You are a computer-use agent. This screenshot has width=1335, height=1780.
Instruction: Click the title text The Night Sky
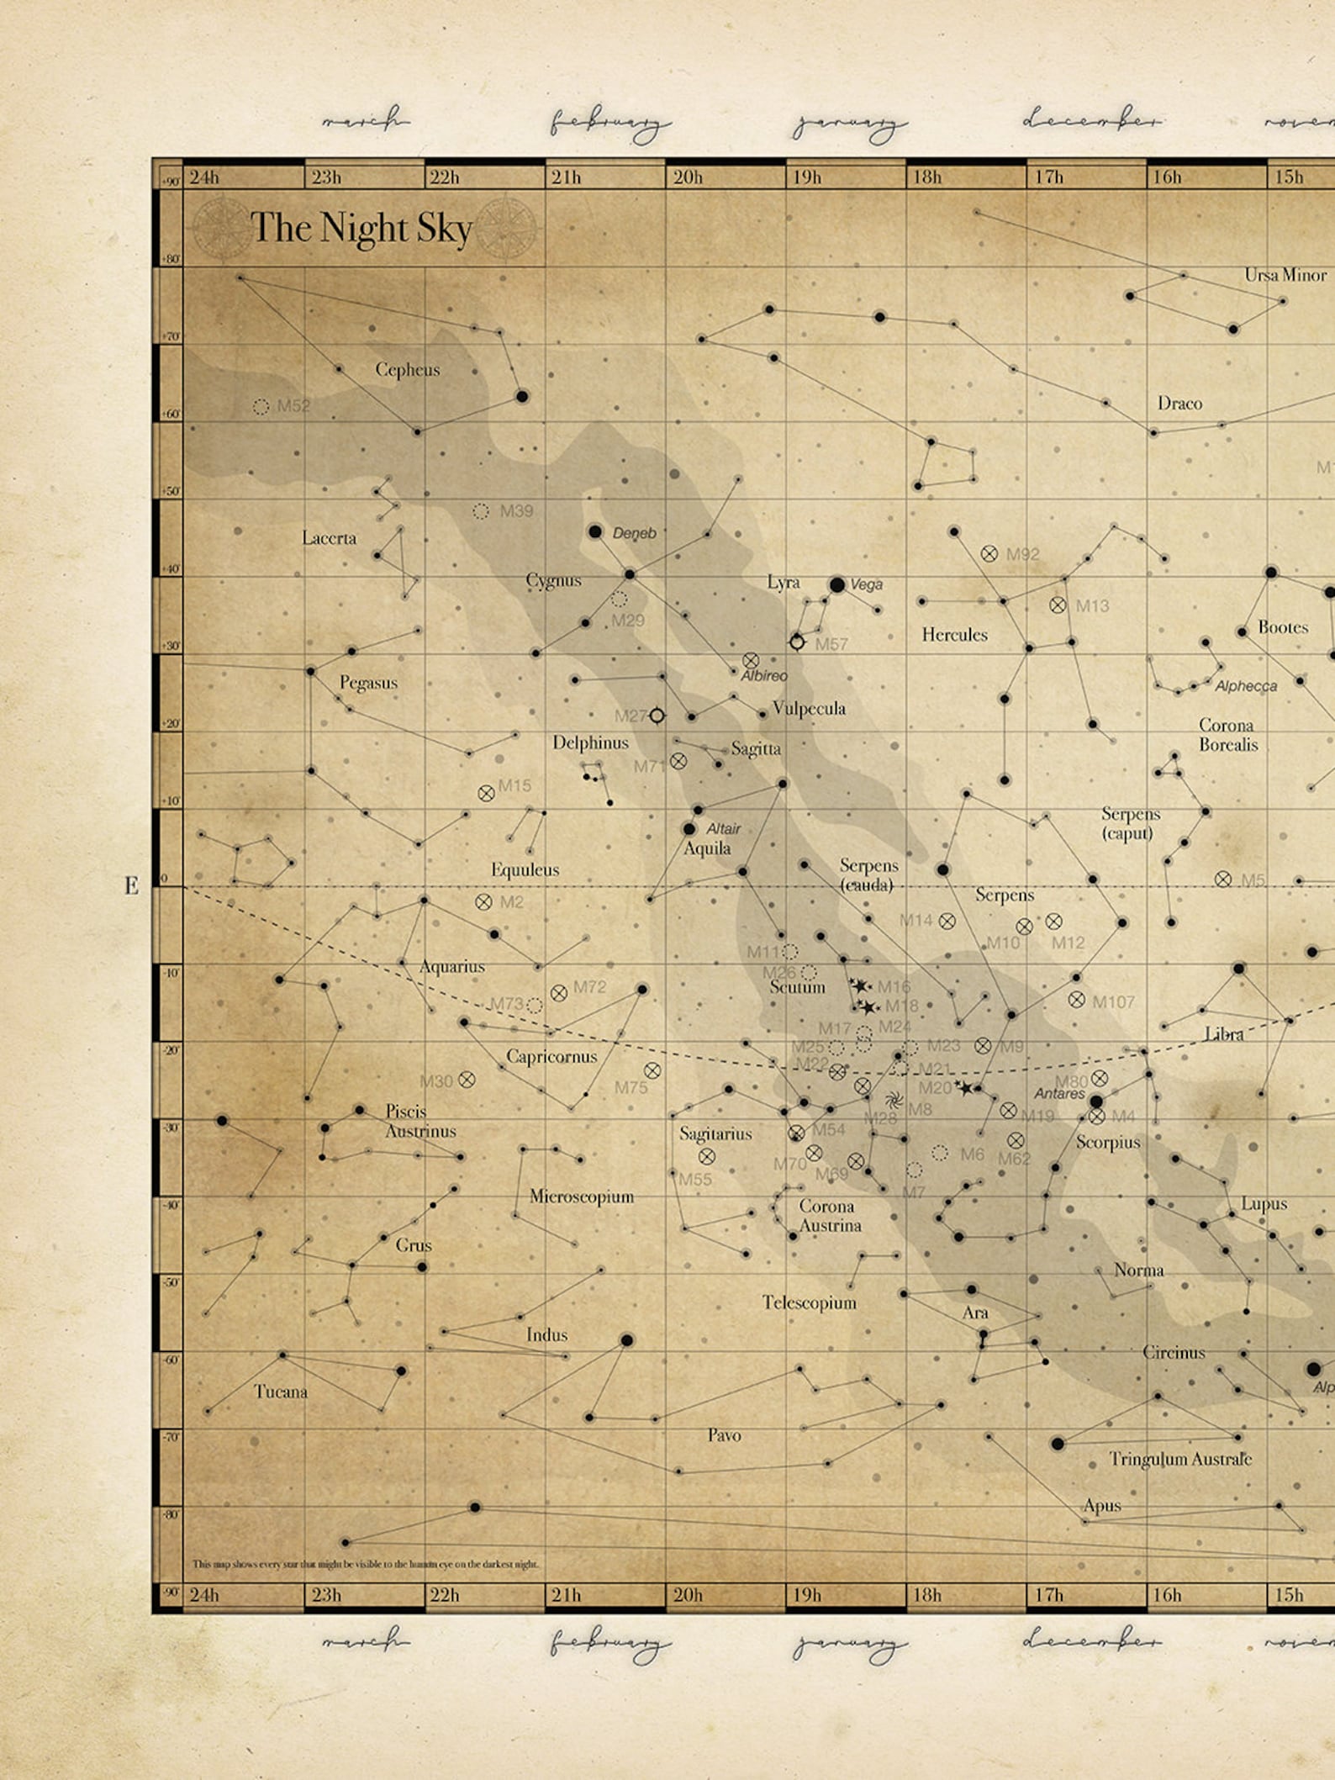tap(361, 227)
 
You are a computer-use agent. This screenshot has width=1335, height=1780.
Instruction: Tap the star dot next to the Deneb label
tap(595, 531)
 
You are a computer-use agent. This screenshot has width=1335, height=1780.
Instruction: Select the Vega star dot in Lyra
tap(837, 584)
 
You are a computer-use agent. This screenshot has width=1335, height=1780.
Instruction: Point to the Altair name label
tap(723, 828)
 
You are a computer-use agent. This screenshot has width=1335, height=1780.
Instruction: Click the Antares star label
tap(1059, 1094)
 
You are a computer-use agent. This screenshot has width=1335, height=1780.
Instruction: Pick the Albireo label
tap(764, 675)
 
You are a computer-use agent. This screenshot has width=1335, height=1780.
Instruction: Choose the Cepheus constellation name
tap(408, 369)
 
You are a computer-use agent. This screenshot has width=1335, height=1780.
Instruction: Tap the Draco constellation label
tap(1179, 404)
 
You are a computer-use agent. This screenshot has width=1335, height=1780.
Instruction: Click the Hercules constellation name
tap(954, 635)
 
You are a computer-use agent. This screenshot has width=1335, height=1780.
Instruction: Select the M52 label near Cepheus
tap(293, 406)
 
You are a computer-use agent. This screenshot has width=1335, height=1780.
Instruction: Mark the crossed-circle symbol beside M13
tap(1058, 605)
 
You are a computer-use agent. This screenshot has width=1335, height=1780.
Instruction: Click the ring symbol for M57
tap(797, 642)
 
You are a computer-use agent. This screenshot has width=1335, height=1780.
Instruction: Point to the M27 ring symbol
tap(657, 716)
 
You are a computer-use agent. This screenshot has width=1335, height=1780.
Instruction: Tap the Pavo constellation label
tap(724, 1435)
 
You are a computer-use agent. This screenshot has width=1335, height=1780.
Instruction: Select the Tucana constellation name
tap(281, 1392)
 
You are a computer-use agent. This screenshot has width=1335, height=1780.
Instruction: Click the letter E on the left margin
tap(131, 885)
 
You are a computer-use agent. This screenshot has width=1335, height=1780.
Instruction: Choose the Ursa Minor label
tap(1285, 275)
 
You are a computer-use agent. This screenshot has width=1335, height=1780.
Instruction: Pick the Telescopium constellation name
tap(809, 1302)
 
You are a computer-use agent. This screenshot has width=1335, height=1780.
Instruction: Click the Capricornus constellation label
tap(551, 1056)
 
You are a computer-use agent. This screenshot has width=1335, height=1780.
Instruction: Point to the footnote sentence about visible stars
tap(366, 1564)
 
